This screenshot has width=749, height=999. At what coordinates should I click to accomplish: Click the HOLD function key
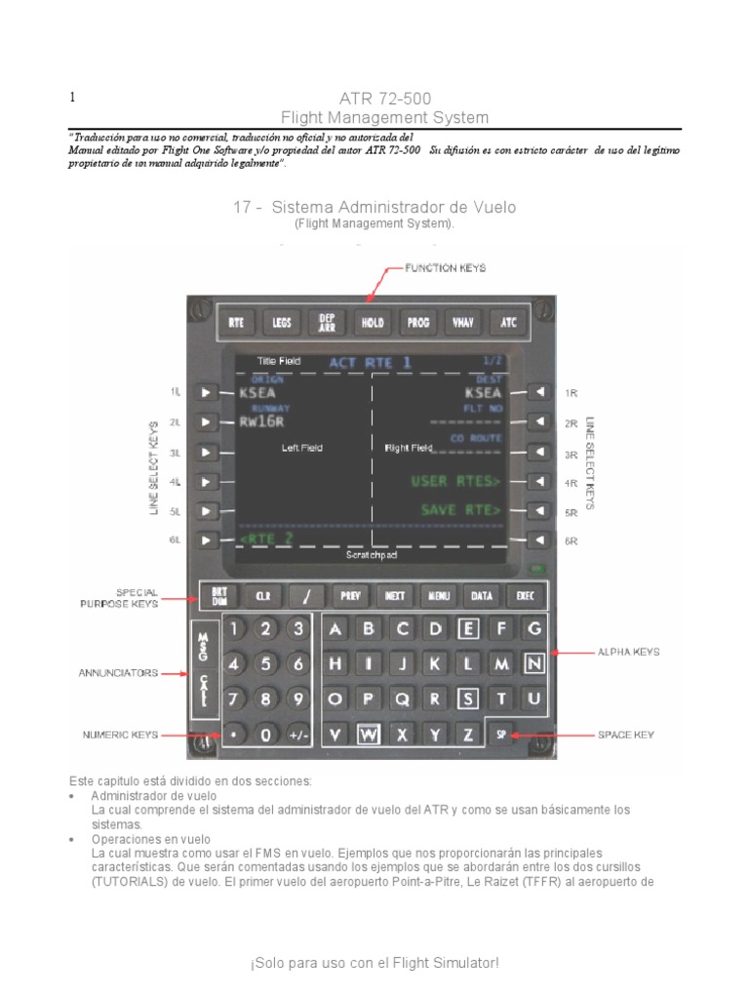click(373, 321)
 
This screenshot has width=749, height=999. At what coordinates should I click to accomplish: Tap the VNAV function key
click(462, 321)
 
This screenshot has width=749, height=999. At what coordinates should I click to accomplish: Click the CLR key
click(262, 594)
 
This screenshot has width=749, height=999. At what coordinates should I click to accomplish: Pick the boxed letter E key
click(469, 629)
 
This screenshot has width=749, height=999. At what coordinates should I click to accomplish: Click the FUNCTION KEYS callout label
click(446, 267)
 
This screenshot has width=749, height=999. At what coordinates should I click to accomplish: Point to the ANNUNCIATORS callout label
click(118, 672)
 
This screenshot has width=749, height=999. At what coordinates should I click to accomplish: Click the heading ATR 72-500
click(384, 99)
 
